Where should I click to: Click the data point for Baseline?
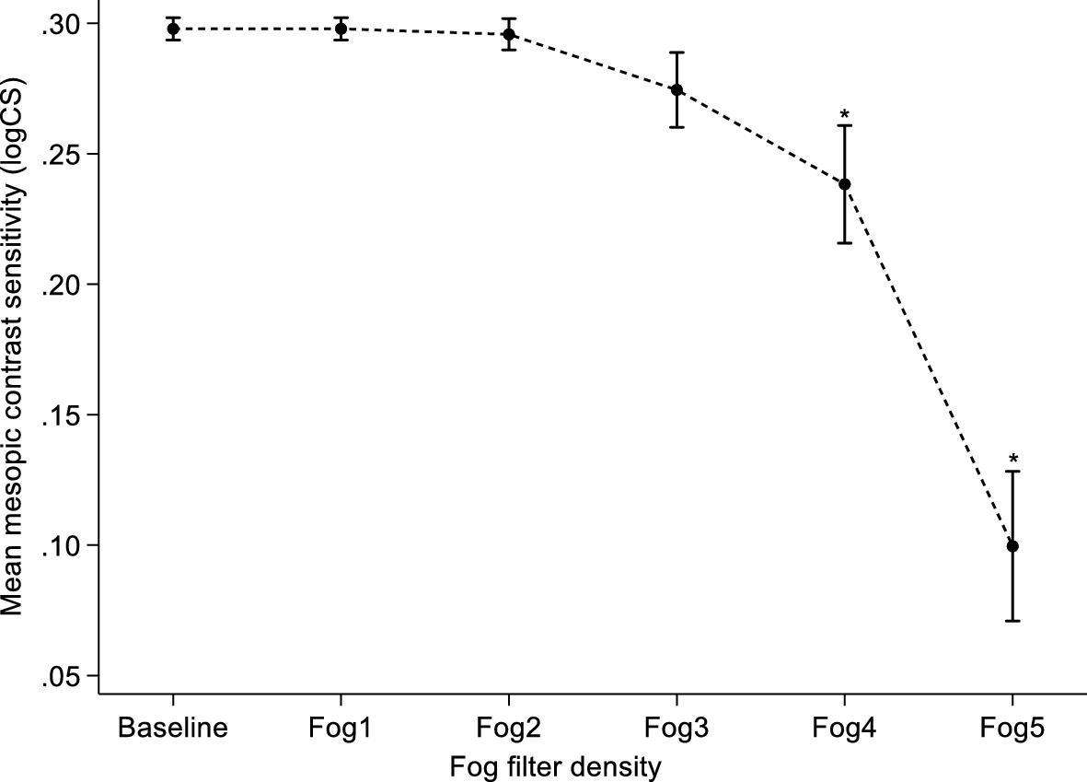[173, 29]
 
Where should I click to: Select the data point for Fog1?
[341, 29]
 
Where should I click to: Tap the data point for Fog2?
[508, 34]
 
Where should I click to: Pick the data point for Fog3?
[676, 89]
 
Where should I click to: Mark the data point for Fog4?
[844, 184]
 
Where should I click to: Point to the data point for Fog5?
[1012, 546]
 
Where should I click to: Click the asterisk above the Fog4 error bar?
[844, 115]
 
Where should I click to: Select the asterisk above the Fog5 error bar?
[1012, 460]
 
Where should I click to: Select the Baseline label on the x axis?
[173, 729]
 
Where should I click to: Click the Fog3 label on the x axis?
[676, 729]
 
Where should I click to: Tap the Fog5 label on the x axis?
[1012, 729]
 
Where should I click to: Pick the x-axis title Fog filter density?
[556, 765]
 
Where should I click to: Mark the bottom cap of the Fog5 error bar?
[1012, 621]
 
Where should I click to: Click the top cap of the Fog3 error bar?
[676, 53]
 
